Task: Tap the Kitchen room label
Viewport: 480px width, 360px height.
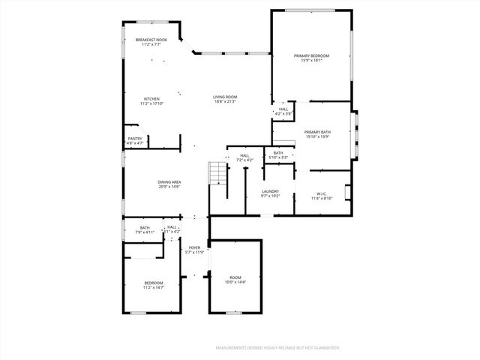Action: point(151,100)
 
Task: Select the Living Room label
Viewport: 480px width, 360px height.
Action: point(225,97)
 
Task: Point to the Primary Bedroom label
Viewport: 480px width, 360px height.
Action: point(310,56)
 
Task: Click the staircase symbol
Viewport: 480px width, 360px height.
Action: point(217,174)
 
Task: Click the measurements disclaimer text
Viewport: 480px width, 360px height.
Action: point(277,348)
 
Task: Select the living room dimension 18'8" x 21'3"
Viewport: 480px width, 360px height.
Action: point(225,101)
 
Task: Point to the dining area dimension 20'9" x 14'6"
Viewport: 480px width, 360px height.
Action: point(169,187)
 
